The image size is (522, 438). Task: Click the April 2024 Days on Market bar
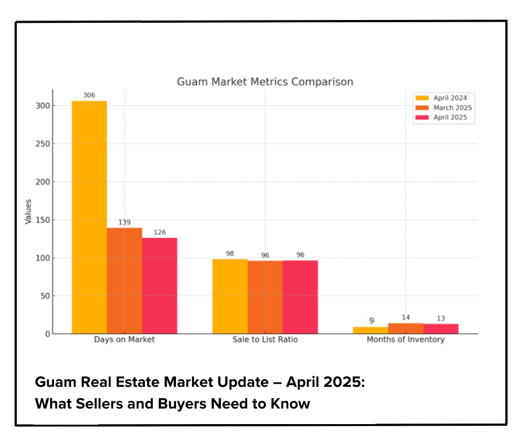[89, 217]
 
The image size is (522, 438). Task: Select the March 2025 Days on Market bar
[124, 281]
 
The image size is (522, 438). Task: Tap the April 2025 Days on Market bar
[159, 286]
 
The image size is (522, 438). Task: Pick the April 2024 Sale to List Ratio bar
[230, 296]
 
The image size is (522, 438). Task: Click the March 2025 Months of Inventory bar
[405, 328]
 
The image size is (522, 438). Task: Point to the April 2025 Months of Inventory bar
[440, 329]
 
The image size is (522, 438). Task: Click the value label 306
[89, 95]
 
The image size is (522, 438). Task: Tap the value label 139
[124, 222]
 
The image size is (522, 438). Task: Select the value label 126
[159, 232]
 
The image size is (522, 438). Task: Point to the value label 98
[230, 253]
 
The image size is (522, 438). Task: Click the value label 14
[405, 317]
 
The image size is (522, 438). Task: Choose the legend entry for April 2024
[443, 98]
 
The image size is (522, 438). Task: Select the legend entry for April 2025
[443, 117]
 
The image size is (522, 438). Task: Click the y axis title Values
[28, 211]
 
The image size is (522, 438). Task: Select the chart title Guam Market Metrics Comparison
[265, 82]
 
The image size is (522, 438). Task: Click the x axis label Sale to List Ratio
[265, 339]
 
